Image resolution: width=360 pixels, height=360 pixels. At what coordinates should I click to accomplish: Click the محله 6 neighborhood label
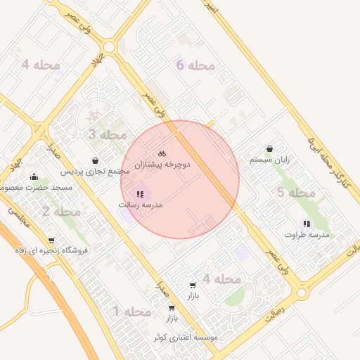tap(194, 65)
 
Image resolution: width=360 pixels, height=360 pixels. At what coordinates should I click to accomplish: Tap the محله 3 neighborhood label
tap(108, 134)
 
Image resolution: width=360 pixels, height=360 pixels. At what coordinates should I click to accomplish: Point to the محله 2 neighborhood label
tap(60, 211)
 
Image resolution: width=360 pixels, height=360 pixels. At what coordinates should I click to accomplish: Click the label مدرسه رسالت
tap(141, 205)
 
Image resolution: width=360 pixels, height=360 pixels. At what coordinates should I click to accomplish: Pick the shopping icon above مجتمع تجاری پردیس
tap(95, 160)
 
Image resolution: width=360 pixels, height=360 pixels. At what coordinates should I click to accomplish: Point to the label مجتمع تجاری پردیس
tap(94, 171)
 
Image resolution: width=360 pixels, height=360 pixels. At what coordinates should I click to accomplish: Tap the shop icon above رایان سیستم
tap(270, 149)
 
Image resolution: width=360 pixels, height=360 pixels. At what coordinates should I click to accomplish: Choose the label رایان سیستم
tap(269, 160)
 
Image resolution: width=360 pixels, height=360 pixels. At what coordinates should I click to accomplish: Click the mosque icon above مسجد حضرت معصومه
tap(34, 176)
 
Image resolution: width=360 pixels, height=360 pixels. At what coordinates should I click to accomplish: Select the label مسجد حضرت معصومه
tap(32, 188)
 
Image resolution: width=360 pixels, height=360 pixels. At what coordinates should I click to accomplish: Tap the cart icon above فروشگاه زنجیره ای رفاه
tap(51, 240)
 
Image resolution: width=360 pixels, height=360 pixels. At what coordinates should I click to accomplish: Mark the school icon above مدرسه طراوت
tap(307, 224)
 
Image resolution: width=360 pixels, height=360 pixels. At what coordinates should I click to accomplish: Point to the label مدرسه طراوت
tap(307, 234)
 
